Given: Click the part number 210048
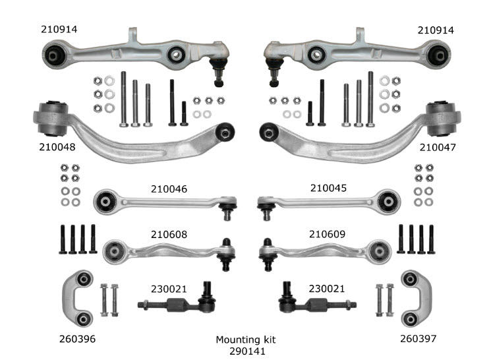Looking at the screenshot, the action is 57,147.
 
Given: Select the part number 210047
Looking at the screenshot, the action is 438,147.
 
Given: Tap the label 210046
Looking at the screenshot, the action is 169,189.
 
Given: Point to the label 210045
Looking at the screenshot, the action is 328,188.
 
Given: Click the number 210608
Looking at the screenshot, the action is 169,234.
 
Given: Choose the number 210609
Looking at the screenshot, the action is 328,234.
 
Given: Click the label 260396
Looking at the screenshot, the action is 77,339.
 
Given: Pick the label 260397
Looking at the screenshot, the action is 419,338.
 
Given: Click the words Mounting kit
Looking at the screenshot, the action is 246,340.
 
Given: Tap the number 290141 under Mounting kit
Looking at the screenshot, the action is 247,351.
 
